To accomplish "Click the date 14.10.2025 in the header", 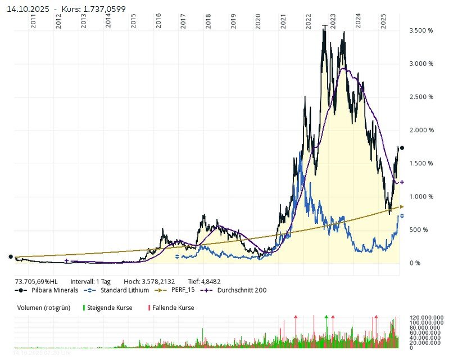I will click(x=28, y=9).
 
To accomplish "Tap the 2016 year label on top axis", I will click(x=158, y=23).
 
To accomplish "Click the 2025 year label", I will click(x=383, y=23).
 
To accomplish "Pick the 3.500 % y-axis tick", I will click(x=421, y=31).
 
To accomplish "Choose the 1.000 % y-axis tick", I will click(x=421, y=197).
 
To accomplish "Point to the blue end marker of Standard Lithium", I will click(x=402, y=215).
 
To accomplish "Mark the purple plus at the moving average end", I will click(x=402, y=182).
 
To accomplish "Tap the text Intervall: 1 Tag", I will click(x=90, y=281).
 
